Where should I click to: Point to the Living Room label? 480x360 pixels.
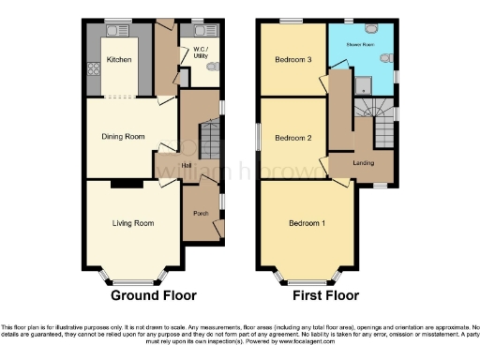point(133,223)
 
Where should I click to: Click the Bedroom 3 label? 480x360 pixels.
point(292,60)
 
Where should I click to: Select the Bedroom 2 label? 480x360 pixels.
point(292,138)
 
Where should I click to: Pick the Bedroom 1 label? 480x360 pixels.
point(307,223)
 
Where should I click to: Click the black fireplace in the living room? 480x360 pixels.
point(122,184)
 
